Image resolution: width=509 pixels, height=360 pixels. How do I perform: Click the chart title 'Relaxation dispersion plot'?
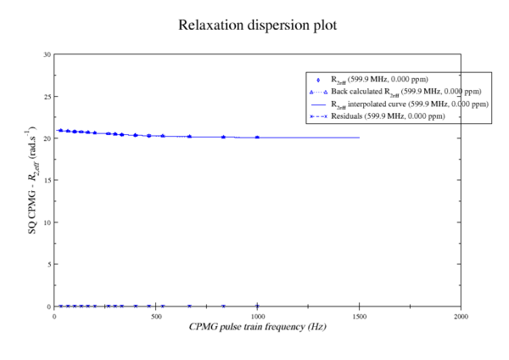(x=257, y=25)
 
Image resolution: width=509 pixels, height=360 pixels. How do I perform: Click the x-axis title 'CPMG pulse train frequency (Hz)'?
(x=257, y=327)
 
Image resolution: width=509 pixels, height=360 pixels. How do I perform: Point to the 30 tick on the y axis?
(x=47, y=54)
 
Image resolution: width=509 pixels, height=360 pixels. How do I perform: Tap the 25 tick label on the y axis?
(x=47, y=97)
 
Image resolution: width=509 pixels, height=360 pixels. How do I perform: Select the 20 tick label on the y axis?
(x=47, y=138)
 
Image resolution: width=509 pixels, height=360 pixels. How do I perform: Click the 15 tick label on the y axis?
(x=47, y=180)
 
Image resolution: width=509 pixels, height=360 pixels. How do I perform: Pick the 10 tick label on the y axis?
(x=47, y=222)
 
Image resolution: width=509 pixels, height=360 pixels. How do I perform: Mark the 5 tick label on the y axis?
(x=48, y=264)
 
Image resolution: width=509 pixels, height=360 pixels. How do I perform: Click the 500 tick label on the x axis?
(x=156, y=316)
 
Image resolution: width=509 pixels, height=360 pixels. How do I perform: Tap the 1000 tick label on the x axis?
(x=257, y=316)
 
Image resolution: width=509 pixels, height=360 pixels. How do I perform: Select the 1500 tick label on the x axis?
(x=359, y=316)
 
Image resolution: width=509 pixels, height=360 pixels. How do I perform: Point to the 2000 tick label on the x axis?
(x=461, y=316)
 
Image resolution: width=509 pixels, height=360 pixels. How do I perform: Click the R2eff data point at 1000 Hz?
(x=257, y=138)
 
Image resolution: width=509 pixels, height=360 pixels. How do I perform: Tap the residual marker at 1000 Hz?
(x=257, y=306)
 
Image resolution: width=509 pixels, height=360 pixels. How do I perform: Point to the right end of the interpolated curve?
(x=359, y=138)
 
